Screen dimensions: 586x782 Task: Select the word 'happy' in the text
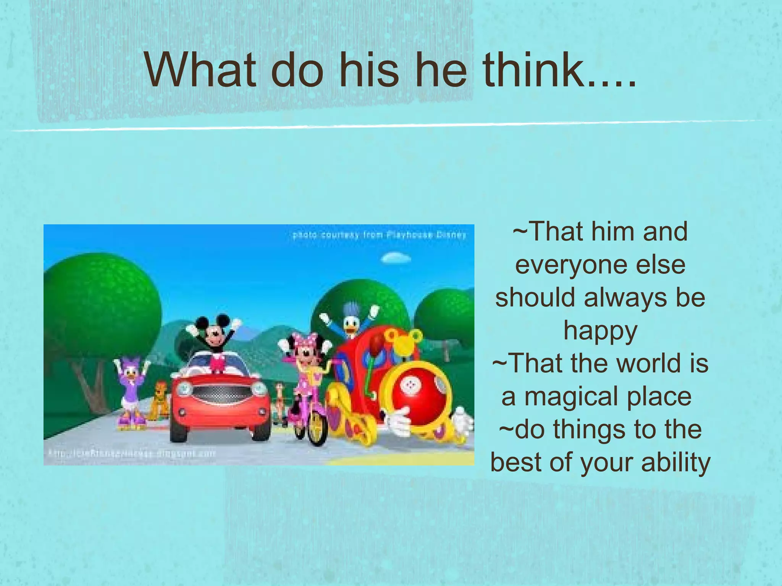tap(600, 331)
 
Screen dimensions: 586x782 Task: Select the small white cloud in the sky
tap(396, 258)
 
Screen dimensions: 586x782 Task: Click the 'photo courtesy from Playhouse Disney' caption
tap(380, 235)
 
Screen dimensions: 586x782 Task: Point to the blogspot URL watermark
tap(132, 454)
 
